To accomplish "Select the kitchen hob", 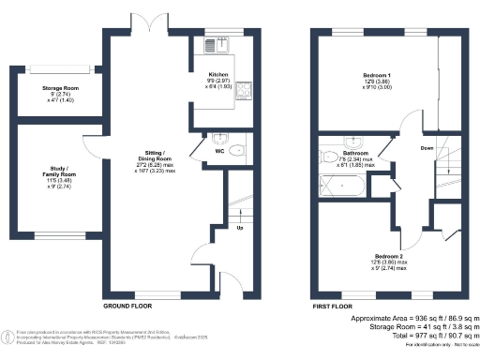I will tap(244, 91).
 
